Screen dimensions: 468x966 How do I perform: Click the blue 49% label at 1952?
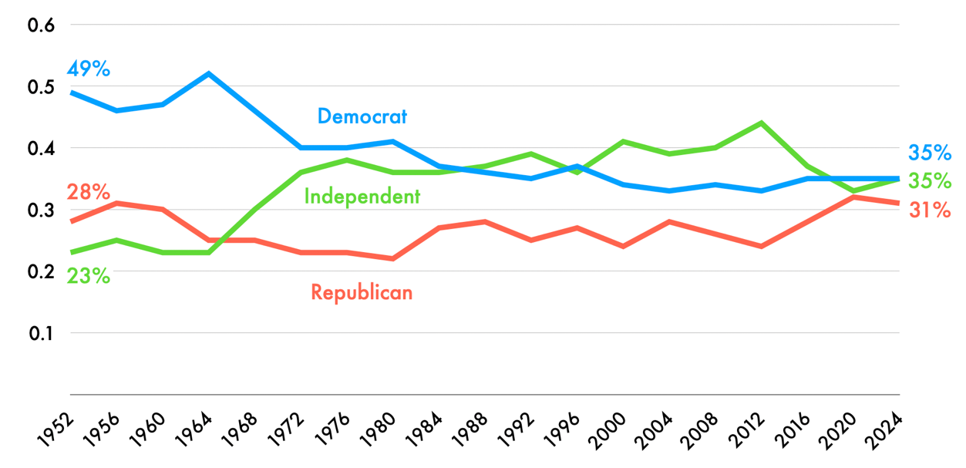click(x=89, y=69)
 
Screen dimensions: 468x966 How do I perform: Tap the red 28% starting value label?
click(x=88, y=192)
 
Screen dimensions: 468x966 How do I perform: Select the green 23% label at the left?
click(x=88, y=275)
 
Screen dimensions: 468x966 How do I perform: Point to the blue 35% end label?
click(x=929, y=152)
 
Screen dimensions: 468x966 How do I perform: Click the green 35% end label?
click(x=929, y=181)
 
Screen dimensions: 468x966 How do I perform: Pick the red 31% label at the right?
click(x=929, y=209)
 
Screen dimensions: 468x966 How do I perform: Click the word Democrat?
click(x=362, y=116)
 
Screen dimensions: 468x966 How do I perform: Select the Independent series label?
click(x=362, y=197)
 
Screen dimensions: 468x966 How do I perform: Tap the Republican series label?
click(x=362, y=292)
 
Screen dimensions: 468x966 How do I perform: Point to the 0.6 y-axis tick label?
click(x=42, y=25)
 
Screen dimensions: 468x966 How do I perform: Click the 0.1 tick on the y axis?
click(x=42, y=333)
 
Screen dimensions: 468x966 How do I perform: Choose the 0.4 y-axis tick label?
click(x=42, y=148)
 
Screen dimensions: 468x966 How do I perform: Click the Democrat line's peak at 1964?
click(x=208, y=74)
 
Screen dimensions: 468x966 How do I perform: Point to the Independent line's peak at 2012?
click(x=761, y=123)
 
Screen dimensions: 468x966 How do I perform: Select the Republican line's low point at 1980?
click(x=392, y=258)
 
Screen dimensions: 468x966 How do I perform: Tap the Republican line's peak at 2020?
click(x=853, y=197)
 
